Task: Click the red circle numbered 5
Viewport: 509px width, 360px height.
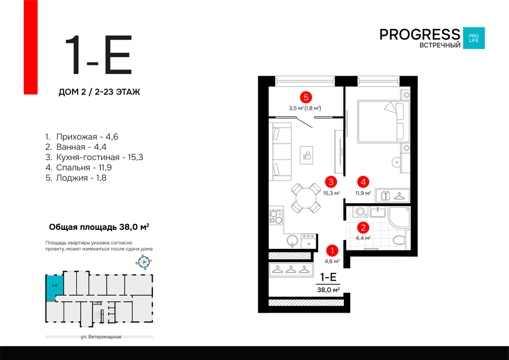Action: click(x=306, y=97)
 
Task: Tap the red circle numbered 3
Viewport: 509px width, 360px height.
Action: click(x=331, y=182)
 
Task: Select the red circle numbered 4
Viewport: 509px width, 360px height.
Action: click(x=363, y=182)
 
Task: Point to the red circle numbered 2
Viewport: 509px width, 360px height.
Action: click(x=363, y=227)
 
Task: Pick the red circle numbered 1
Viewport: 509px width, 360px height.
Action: click(x=332, y=250)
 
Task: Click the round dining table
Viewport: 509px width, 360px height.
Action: click(x=306, y=197)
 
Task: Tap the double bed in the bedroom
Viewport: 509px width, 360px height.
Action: click(x=384, y=121)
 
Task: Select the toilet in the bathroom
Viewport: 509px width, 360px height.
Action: click(x=401, y=240)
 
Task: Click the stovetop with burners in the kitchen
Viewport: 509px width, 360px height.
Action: click(x=276, y=217)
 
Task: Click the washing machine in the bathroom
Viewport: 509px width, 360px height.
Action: click(x=360, y=212)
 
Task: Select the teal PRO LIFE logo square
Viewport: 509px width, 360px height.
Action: click(x=474, y=38)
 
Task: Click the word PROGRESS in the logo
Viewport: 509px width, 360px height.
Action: click(x=420, y=34)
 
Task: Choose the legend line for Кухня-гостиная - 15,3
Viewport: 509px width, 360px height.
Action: click(x=94, y=157)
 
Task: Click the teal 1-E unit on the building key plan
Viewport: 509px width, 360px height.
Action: click(x=54, y=287)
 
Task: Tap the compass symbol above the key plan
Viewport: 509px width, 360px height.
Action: click(x=143, y=262)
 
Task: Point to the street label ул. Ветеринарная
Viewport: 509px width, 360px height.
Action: click(x=101, y=337)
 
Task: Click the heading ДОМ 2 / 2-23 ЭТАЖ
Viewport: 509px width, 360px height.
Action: click(x=99, y=92)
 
